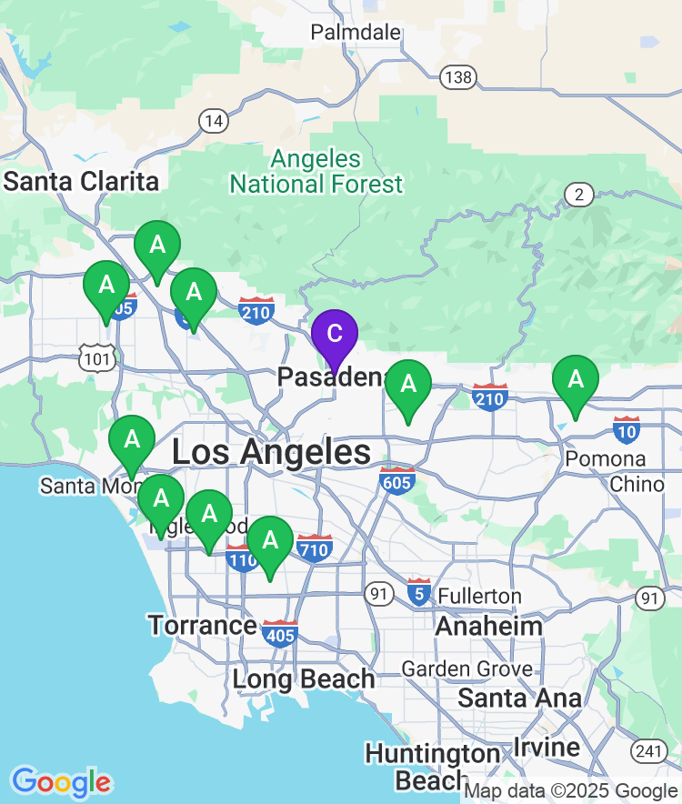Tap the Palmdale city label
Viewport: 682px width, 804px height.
click(356, 33)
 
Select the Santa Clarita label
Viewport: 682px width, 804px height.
click(81, 181)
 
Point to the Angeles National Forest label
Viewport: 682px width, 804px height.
click(316, 172)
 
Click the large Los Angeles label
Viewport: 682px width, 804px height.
click(271, 452)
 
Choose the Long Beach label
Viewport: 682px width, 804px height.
click(303, 679)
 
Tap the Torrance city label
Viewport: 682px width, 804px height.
click(202, 626)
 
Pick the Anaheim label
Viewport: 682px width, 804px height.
click(488, 626)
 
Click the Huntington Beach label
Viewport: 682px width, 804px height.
click(432, 767)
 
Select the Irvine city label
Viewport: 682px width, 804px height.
click(547, 748)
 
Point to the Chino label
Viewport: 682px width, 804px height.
click(637, 484)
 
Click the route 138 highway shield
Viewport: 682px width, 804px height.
click(458, 77)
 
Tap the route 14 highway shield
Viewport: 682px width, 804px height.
click(214, 120)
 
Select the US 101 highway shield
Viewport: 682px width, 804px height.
click(96, 359)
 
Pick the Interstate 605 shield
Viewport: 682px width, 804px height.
click(397, 479)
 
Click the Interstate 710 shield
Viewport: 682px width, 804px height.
click(315, 548)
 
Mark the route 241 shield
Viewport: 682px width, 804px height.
click(647, 751)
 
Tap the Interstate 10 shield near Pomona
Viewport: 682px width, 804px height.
click(627, 429)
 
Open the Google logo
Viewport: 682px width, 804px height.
click(61, 781)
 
